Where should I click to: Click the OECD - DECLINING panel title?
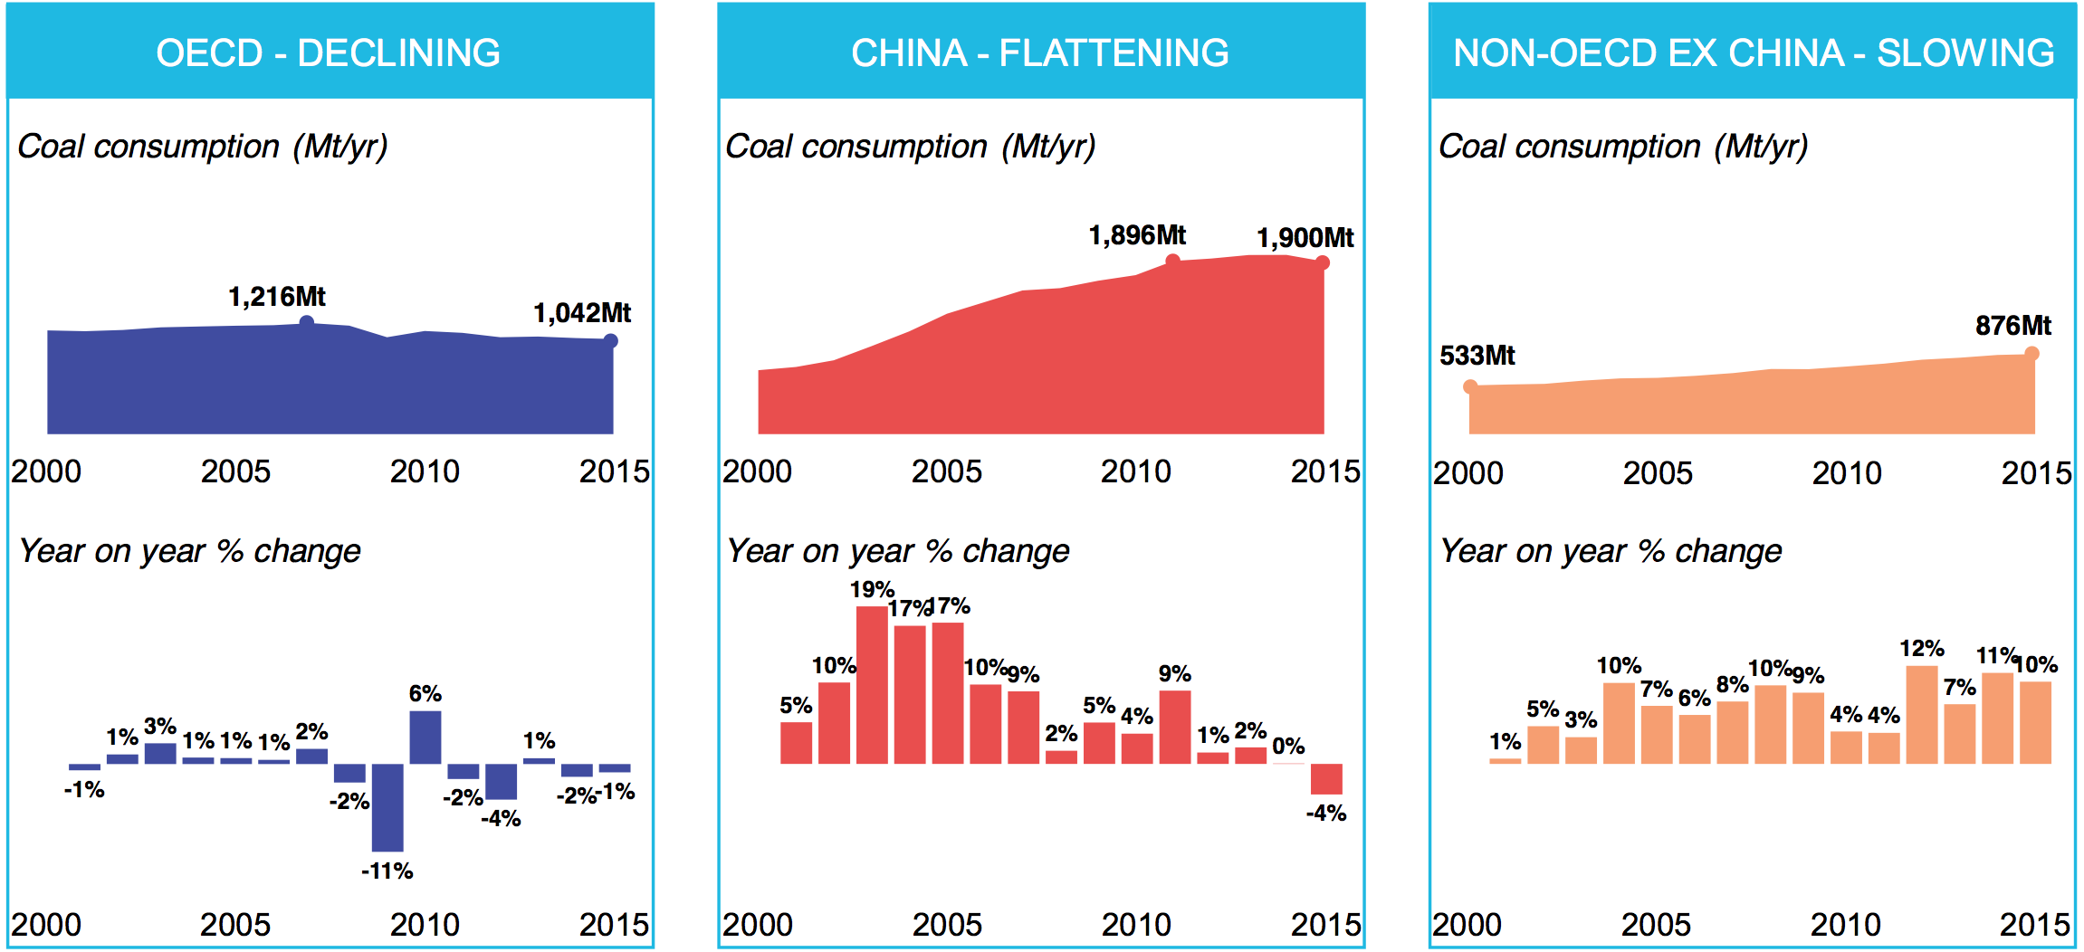click(328, 52)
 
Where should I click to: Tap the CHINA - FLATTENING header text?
click(1040, 52)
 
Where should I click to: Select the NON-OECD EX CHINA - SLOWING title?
click(1753, 52)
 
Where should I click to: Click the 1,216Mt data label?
click(276, 297)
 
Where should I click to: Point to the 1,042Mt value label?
click(582, 313)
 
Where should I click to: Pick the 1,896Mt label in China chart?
click(1137, 235)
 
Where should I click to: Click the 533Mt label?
click(1477, 356)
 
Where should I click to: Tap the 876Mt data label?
click(2012, 326)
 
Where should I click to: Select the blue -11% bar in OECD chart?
click(387, 807)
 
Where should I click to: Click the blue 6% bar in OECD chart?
click(425, 738)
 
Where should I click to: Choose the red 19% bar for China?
click(872, 685)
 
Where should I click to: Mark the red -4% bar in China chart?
click(1326, 779)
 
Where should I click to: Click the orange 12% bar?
click(1922, 715)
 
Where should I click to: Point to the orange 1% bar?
click(1505, 761)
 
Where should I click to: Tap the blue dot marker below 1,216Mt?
click(307, 322)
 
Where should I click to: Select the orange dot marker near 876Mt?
click(2031, 354)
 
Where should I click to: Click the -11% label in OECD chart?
click(387, 871)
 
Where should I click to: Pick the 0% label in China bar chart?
click(1288, 747)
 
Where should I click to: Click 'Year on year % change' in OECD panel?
click(190, 551)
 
